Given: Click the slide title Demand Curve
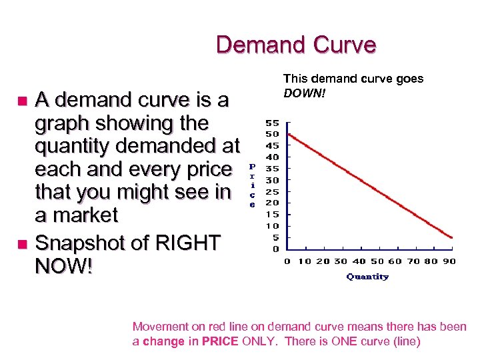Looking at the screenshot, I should click(296, 45).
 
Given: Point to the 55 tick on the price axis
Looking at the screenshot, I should click(273, 123).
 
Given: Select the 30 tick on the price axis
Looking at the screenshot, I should click(273, 180).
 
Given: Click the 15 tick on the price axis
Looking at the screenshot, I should click(273, 214).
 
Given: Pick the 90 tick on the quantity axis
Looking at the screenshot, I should click(449, 261).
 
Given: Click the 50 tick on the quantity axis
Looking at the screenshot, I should click(377, 261).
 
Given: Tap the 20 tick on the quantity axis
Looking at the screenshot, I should click(323, 261).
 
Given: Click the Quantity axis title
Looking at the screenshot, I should click(367, 277).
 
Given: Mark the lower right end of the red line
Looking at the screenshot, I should click(453, 237).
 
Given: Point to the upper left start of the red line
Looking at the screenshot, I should click(288, 134).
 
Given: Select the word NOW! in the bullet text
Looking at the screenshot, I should click(64, 267).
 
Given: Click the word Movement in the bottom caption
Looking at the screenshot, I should click(159, 327).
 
